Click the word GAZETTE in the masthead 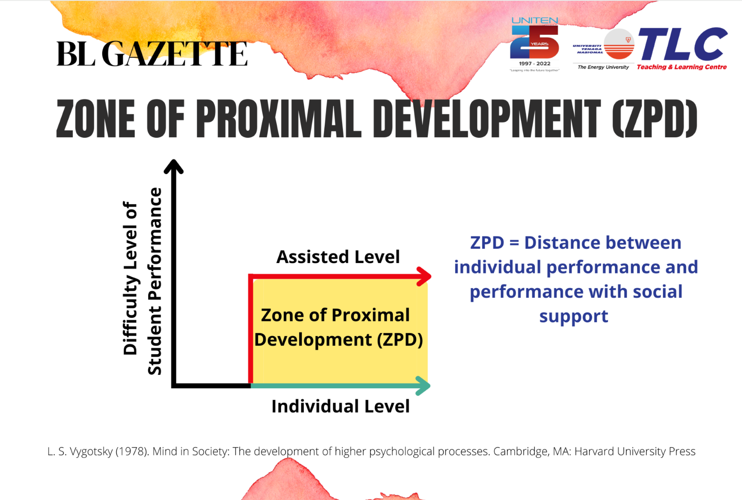coord(175,54)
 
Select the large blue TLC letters coord(683,44)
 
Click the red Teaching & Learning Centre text coord(682,67)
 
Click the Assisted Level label coord(338,257)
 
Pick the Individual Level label coord(340,406)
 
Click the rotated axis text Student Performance coord(155,281)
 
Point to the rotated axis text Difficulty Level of coord(130,278)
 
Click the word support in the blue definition coord(574,317)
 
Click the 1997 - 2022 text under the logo coord(534,63)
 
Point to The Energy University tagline coord(603,67)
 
